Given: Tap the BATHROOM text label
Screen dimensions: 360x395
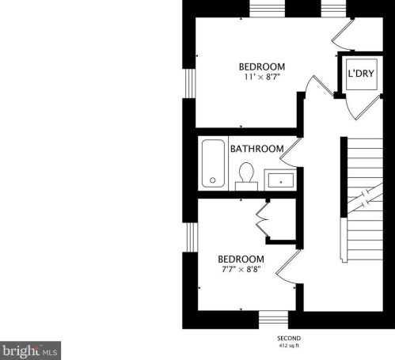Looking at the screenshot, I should pos(256,149).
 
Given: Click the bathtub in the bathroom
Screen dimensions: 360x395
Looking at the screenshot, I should pos(213,164).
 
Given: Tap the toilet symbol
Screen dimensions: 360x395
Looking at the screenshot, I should pos(245,174).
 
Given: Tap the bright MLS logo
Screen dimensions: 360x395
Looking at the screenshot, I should pos(30,349).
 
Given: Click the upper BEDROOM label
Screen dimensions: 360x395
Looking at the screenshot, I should pos(262,66).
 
